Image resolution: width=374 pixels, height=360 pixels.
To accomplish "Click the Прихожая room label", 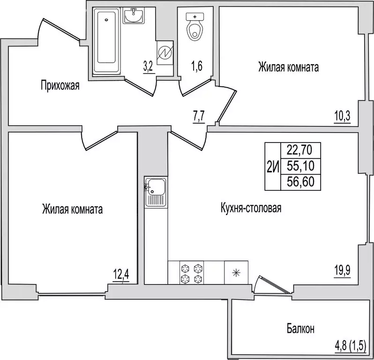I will point(60,85).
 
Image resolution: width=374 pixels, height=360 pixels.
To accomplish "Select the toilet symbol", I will point(194,26).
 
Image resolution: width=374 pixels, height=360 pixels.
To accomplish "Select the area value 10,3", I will point(343,115).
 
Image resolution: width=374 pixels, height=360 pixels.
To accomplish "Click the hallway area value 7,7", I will point(200,115).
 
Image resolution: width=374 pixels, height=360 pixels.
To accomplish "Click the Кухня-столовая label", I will point(251,208).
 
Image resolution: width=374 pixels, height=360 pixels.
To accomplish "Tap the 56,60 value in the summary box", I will point(300,181).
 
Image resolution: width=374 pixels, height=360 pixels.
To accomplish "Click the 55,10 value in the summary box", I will point(300,166).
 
